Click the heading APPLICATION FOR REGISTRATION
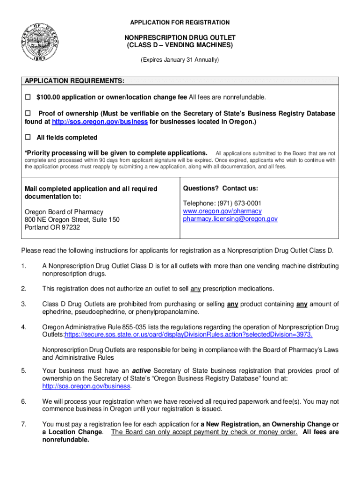tap(180, 22)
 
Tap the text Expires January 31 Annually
tap(180, 60)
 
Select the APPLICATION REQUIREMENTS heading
tap(74, 81)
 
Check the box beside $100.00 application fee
tap(27, 97)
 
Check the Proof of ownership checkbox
tap(27, 114)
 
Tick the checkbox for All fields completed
tap(27, 138)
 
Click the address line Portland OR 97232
tap(52, 227)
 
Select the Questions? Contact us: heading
tap(220, 189)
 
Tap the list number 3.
tap(23, 305)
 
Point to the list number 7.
tap(23, 424)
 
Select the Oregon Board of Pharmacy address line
tap(64, 211)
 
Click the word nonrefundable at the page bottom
tap(65, 440)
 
